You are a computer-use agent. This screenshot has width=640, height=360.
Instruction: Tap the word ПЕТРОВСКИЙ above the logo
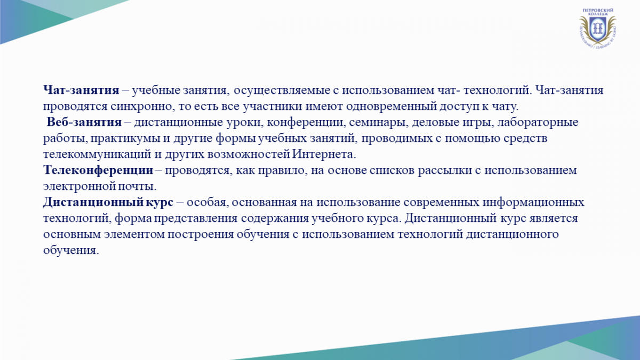598,10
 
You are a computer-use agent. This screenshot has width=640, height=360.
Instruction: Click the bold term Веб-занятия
84,122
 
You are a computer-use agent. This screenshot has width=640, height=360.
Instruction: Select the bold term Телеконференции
98,170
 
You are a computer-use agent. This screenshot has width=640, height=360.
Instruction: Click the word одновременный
391,106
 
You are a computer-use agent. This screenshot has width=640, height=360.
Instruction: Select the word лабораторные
538,122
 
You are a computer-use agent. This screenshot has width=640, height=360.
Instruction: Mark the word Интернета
324,154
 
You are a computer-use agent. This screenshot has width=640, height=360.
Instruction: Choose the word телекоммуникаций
97,155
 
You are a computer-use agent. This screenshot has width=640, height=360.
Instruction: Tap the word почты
137,187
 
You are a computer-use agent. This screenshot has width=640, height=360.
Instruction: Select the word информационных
533,202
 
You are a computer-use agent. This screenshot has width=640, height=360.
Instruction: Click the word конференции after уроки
305,123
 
